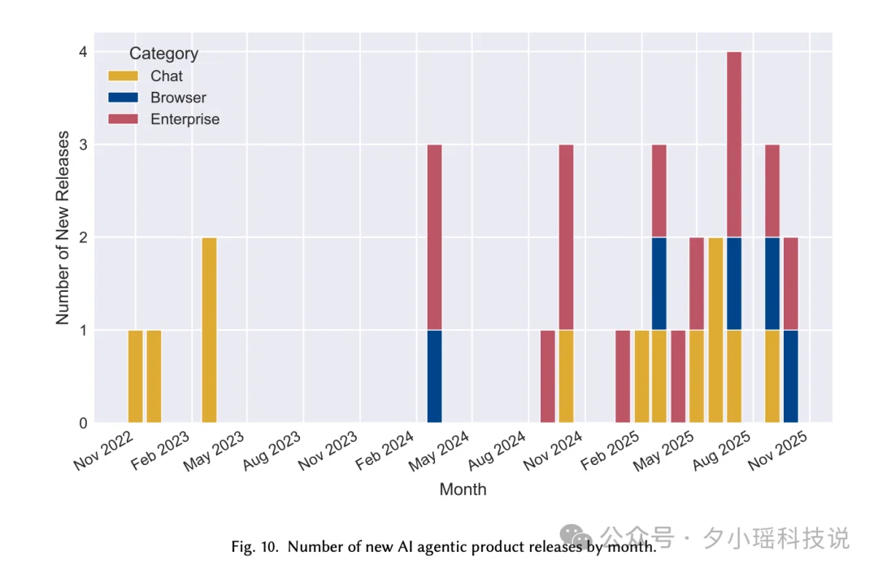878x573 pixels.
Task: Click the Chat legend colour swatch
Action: click(x=123, y=76)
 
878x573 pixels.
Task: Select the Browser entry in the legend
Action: click(x=178, y=98)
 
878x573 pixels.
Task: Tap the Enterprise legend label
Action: click(x=185, y=119)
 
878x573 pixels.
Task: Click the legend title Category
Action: click(x=163, y=54)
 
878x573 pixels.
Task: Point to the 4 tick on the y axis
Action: click(x=83, y=52)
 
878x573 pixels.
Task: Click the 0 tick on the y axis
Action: click(x=83, y=423)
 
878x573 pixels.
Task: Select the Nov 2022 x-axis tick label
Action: click(x=102, y=449)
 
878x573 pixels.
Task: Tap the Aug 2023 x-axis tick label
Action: click(x=272, y=449)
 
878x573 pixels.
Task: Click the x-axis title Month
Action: click(x=463, y=489)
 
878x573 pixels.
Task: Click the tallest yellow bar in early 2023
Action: click(x=209, y=330)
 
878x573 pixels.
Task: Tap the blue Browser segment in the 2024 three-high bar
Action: click(x=435, y=376)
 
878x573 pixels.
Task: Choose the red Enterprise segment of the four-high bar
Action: click(x=734, y=145)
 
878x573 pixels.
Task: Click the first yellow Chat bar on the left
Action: click(x=135, y=376)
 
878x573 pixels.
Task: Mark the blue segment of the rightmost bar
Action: click(x=790, y=376)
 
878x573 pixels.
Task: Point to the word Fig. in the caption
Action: click(x=243, y=547)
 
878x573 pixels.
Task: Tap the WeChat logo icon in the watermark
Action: click(x=580, y=536)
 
